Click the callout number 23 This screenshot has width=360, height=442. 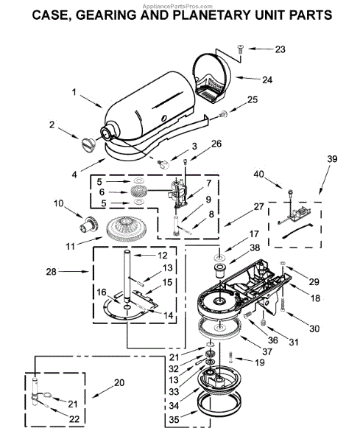[280, 49]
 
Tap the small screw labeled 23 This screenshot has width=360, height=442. [241, 49]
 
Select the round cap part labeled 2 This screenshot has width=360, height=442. [88, 145]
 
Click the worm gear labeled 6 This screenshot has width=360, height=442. [138, 192]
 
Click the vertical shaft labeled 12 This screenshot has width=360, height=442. [127, 275]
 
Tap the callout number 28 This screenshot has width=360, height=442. [52, 272]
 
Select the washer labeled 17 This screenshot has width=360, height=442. [220, 257]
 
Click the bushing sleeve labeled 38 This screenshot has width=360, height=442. [219, 270]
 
